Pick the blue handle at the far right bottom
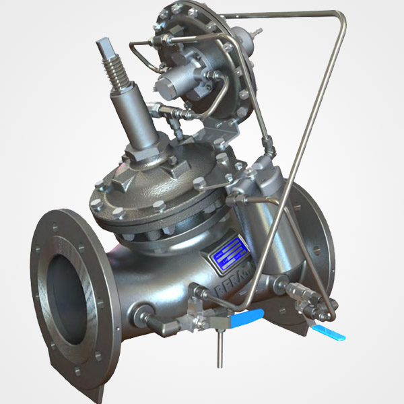(x=333, y=333)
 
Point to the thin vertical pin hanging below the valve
(x=220, y=347)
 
